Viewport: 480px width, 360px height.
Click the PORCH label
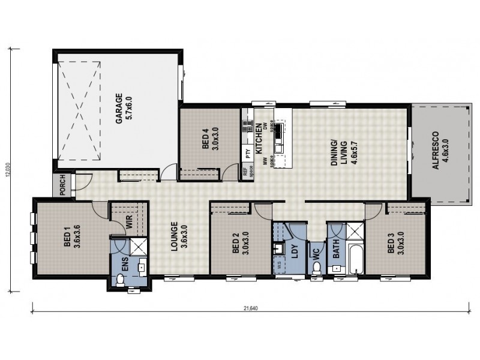62,185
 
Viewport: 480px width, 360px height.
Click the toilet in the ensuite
120,280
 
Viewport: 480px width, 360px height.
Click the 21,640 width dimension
251,310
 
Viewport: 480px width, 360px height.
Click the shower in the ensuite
139,247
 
